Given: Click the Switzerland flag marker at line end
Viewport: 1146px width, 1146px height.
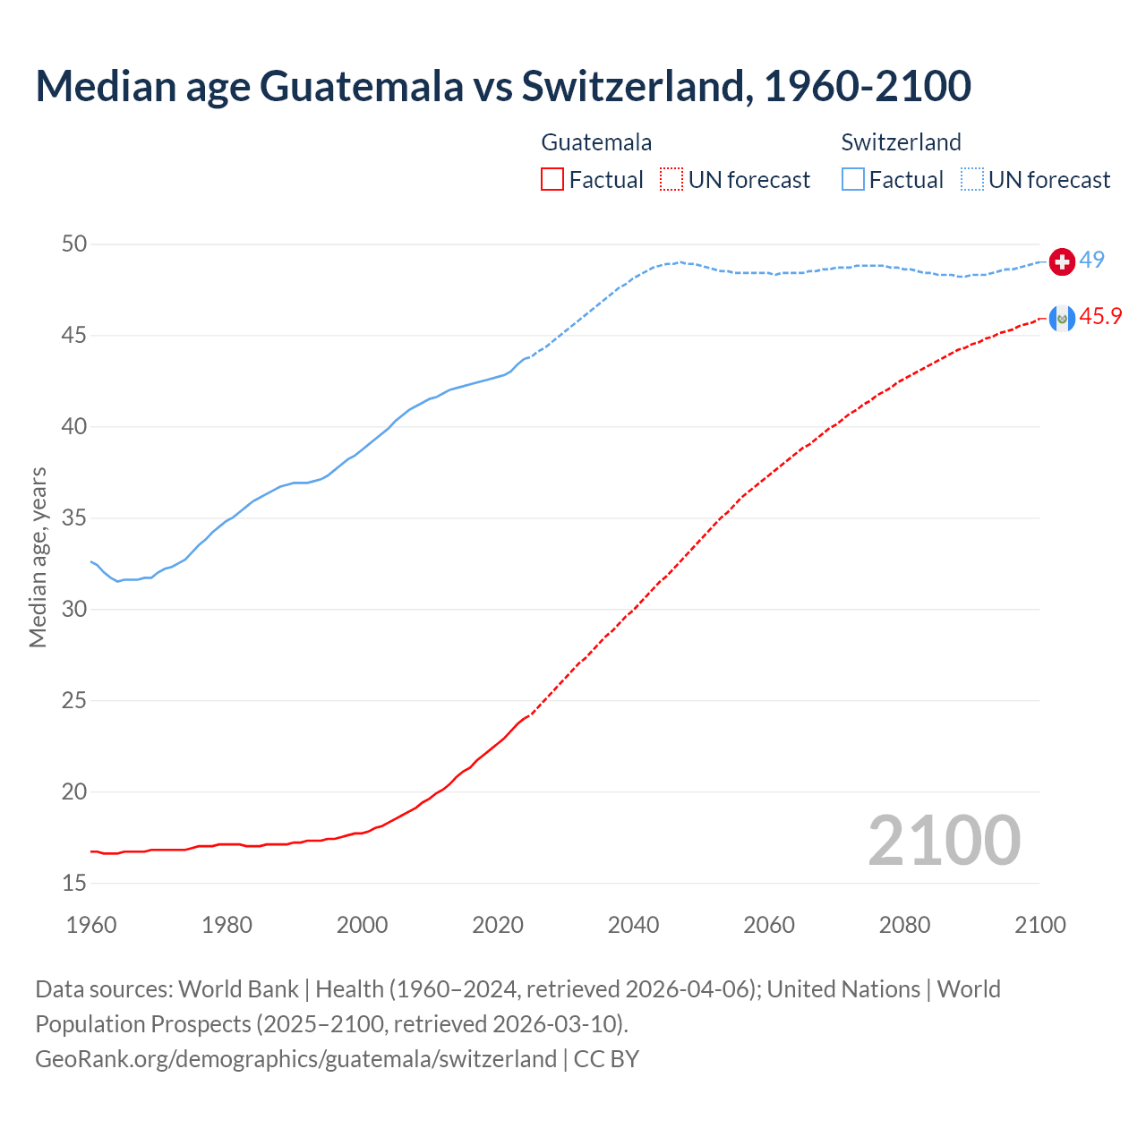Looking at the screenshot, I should point(1062,261).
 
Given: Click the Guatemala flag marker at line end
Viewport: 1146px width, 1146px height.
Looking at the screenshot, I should point(1062,318).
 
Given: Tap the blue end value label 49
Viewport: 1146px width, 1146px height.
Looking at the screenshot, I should point(1091,260).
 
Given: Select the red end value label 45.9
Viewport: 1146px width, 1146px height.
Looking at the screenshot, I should point(1100,316).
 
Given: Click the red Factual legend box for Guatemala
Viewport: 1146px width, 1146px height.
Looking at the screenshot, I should point(552,180).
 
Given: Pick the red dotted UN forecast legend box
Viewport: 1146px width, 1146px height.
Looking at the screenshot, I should point(671,180).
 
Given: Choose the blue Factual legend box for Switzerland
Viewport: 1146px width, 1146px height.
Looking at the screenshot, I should point(853,180).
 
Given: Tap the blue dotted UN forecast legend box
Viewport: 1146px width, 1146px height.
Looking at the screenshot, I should point(971,180).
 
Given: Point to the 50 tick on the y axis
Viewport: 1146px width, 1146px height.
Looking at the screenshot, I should point(75,244).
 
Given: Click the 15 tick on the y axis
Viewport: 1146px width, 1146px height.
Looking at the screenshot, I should point(75,883).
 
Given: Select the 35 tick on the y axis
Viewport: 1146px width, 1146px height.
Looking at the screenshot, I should point(75,517).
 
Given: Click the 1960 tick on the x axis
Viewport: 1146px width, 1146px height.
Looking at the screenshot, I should point(91,925).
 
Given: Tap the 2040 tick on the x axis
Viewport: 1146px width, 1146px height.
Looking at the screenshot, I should point(633,925).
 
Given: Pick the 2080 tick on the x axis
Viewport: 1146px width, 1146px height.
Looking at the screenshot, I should point(904,925).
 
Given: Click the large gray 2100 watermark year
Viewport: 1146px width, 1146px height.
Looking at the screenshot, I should point(945,840).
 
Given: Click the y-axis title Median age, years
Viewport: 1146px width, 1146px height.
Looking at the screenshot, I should point(38,557).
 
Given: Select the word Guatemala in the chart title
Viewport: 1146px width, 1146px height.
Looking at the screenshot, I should point(362,86).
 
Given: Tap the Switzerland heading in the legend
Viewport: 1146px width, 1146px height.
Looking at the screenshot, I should point(901,142).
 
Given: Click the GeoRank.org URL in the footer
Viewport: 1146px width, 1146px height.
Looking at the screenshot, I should point(295,1059).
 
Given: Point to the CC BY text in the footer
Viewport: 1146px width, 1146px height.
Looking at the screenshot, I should point(606,1059).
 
